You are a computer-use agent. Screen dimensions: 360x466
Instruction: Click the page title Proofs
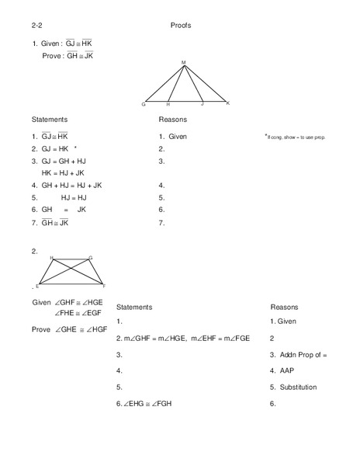pyautogui.click(x=180, y=26)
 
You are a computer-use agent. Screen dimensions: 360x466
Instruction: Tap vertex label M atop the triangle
pyautogui.click(x=184, y=62)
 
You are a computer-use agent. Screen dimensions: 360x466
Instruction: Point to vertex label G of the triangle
pyautogui.click(x=144, y=104)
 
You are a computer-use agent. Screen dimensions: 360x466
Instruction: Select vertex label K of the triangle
pyautogui.click(x=227, y=103)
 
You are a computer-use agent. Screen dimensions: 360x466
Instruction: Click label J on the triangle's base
pyautogui.click(x=202, y=103)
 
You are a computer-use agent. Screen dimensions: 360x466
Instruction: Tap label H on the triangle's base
pyautogui.click(x=168, y=103)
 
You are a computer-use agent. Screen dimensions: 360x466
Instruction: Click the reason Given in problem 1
pyautogui.click(x=175, y=136)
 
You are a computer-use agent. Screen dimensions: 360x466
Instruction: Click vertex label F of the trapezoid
pyautogui.click(x=104, y=286)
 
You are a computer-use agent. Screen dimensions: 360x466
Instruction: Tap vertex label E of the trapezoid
pyautogui.click(x=37, y=286)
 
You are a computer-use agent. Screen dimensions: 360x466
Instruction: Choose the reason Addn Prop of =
pyautogui.click(x=303, y=353)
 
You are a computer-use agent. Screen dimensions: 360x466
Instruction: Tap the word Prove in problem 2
pyautogui.click(x=41, y=329)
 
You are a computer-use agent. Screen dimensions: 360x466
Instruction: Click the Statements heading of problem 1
pyautogui.click(x=50, y=120)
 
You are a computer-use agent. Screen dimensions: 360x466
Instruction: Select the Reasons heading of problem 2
pyautogui.click(x=284, y=307)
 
